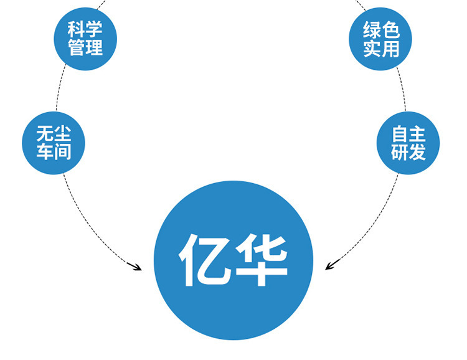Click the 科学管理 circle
85,37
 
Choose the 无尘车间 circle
54,143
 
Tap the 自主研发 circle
408,143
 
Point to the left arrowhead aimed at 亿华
136,267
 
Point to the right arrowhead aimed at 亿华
330,267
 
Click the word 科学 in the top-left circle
85,28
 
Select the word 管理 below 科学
85,47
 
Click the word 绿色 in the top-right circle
381,29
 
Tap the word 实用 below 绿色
381,48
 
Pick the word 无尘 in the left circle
54,134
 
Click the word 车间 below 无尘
54,153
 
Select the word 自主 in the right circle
408,134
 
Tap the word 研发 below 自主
408,153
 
